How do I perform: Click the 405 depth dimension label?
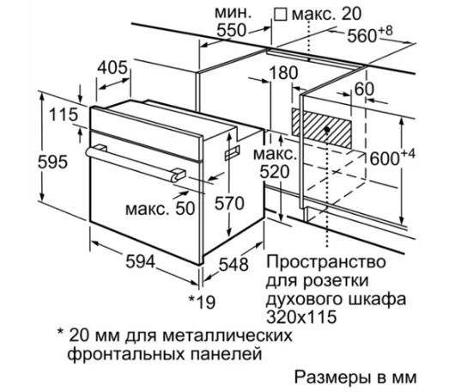pos(112,68)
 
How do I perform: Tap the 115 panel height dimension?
pos(64,114)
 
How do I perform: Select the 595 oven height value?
pos(52,162)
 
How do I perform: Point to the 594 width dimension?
pos(141,261)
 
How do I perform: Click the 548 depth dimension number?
pos(234,265)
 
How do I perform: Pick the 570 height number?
pos(229,203)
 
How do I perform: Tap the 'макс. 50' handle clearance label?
pos(161,209)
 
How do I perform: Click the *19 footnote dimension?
pos(202,302)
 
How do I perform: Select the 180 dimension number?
pos(284,73)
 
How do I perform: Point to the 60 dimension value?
pos(364,89)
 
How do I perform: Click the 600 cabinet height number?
pos(385,158)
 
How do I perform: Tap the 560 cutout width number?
pos(362,35)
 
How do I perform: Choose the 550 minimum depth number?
pos(232,30)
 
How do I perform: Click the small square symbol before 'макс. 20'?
pos(280,15)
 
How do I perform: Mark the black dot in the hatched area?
pos(327,130)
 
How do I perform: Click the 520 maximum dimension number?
pos(275,172)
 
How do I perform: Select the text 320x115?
pos(301,317)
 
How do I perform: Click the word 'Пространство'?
pos(326,261)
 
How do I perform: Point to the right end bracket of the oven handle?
pos(179,175)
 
